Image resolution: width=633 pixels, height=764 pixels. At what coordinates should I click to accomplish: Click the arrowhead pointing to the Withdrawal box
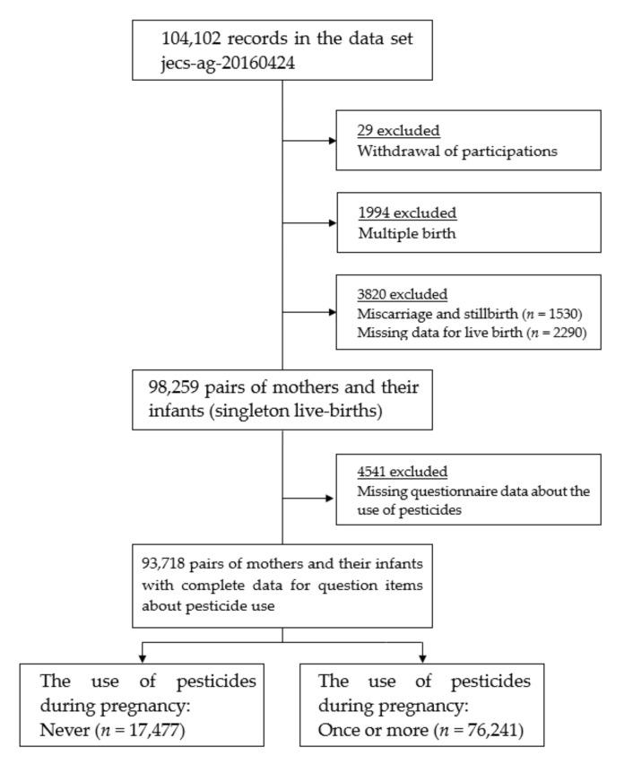[333, 141]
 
